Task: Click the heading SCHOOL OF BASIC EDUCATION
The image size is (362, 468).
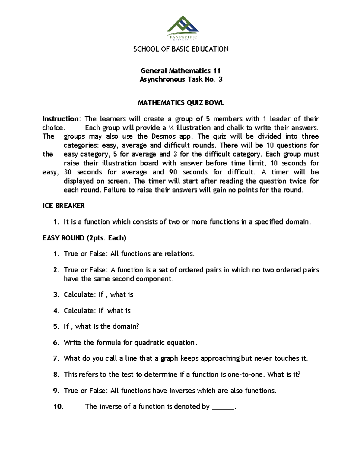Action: pos(181,49)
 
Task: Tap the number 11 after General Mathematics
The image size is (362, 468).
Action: pos(217,71)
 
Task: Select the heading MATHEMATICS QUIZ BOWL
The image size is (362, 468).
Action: pos(181,103)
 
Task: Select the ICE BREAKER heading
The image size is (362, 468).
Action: pos(64,206)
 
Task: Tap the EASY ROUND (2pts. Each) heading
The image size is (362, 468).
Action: pos(84,238)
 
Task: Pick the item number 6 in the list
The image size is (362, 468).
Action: pos(56,343)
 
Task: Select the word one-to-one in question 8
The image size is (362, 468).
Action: pos(246,375)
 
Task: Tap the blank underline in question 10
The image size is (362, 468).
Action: pos(223,408)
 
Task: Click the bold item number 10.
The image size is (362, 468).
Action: pos(58,407)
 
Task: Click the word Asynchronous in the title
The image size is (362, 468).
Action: pos(162,80)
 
